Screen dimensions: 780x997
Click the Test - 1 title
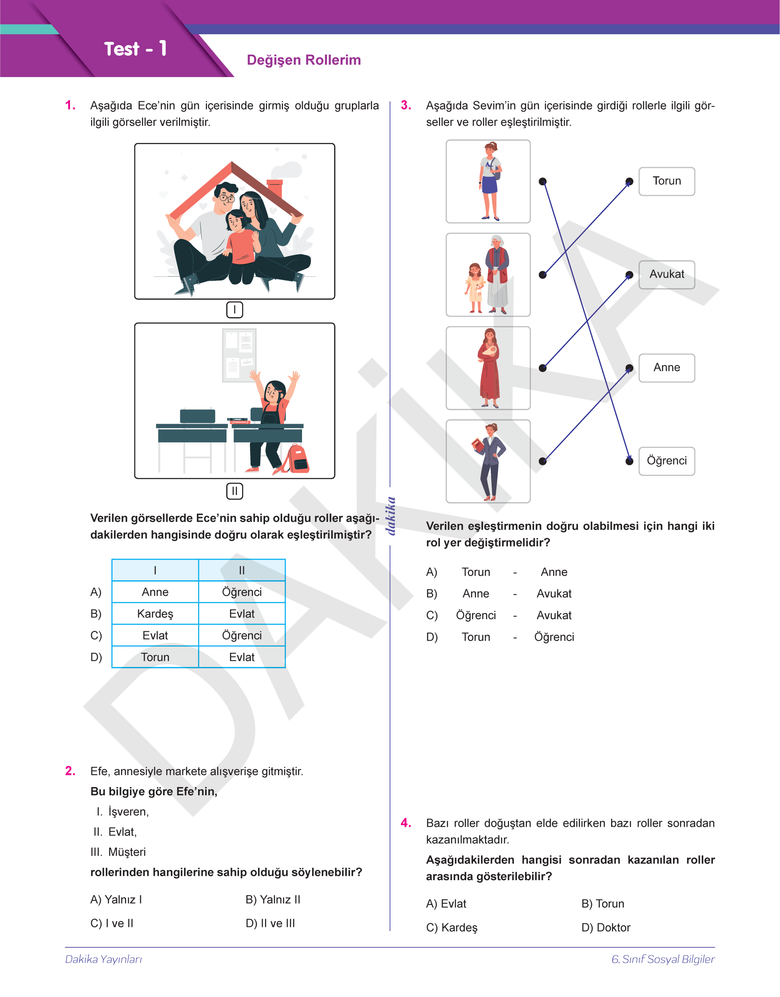135,49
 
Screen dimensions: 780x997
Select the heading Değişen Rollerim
304,60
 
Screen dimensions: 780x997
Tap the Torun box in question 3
666,181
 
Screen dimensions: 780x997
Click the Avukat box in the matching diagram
666,275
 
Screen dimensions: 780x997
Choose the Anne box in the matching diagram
666,368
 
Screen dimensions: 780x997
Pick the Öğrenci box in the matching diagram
666,461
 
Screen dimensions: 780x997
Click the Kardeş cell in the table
155,614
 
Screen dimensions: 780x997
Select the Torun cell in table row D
155,657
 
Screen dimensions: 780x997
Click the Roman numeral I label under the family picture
235,310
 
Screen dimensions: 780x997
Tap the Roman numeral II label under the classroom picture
235,491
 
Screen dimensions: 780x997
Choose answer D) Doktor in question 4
606,928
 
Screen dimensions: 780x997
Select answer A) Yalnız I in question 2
116,900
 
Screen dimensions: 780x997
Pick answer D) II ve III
271,923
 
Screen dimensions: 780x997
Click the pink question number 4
406,823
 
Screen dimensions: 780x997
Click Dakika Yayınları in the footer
104,959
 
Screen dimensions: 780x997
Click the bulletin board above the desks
239,356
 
